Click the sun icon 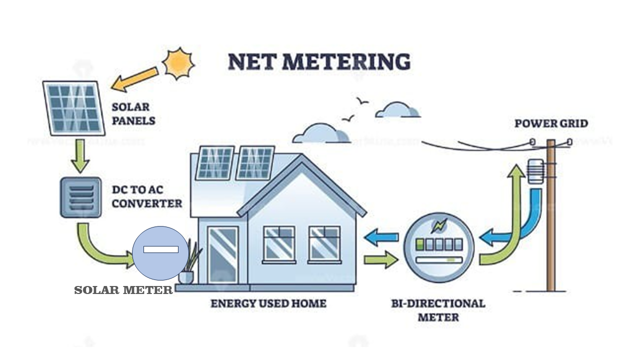[x=178, y=63]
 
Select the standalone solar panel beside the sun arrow [x=73, y=108]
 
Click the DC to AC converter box [x=80, y=197]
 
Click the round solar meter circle [x=160, y=252]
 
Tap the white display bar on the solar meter [x=160, y=249]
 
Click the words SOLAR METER [x=123, y=290]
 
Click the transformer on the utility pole [x=535, y=172]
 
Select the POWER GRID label [x=551, y=123]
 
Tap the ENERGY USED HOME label [x=268, y=303]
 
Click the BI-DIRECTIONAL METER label [x=438, y=310]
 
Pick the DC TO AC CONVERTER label [x=146, y=197]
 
